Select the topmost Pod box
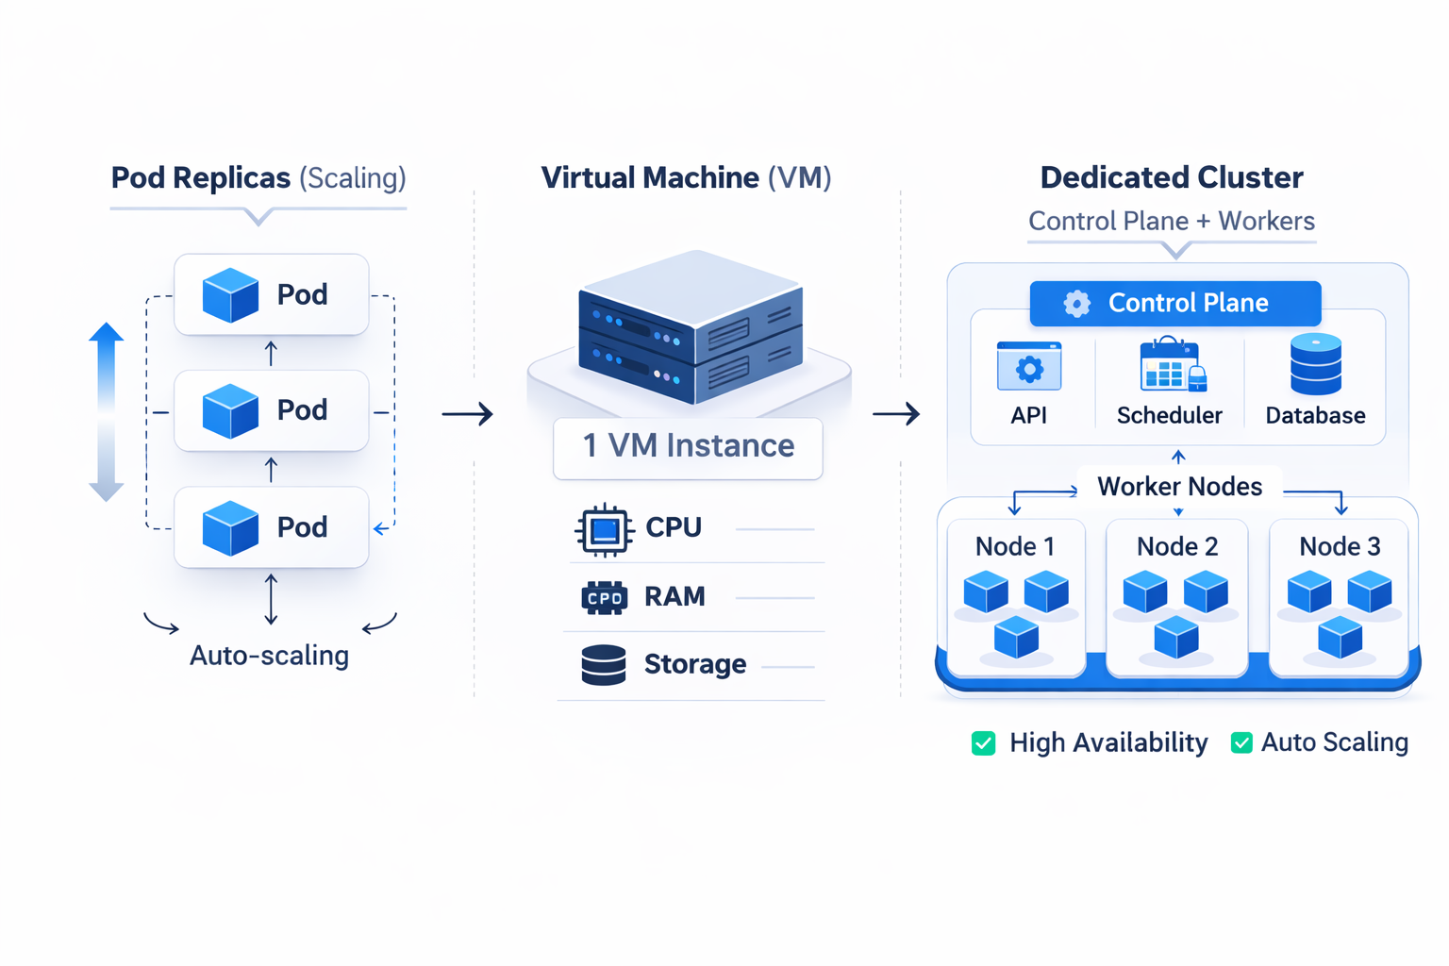[x=271, y=294]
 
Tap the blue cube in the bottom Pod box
[x=230, y=527]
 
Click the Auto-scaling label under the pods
[x=269, y=655]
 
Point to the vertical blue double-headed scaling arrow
[x=107, y=411]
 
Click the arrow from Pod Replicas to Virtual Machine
[x=467, y=413]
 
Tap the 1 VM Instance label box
[x=688, y=446]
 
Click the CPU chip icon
[x=604, y=529]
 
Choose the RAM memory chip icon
[x=604, y=597]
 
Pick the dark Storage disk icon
[x=604, y=665]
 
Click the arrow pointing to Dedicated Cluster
[x=895, y=413]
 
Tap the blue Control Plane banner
[x=1174, y=303]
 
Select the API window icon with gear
[x=1028, y=367]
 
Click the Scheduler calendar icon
[x=1172, y=365]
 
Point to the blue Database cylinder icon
[x=1315, y=364]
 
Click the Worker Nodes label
[x=1179, y=487]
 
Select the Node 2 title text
[x=1176, y=546]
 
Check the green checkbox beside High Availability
[x=983, y=743]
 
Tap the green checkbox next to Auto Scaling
[x=1241, y=743]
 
